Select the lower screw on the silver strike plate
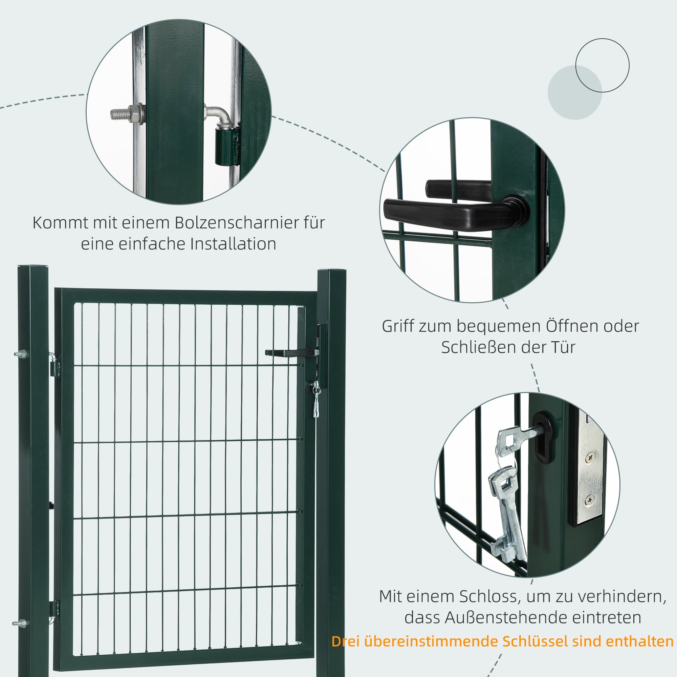coord(590,499)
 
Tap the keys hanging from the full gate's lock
coord(316,399)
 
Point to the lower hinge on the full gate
coord(53,611)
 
